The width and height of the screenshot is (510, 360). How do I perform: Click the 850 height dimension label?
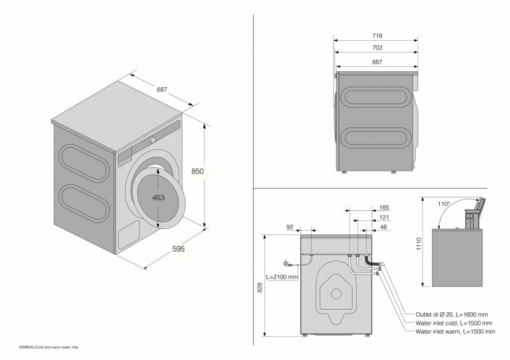(x=198, y=171)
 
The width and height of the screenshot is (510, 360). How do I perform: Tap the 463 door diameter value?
(x=158, y=198)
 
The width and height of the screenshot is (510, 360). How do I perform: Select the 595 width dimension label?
(x=178, y=249)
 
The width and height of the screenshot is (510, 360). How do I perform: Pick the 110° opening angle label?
(x=444, y=205)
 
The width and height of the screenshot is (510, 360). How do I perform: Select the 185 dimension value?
(x=384, y=208)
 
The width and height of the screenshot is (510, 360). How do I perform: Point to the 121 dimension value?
(x=384, y=217)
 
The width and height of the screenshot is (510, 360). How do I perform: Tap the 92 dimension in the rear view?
(x=290, y=227)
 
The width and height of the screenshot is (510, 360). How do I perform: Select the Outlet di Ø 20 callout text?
(x=453, y=315)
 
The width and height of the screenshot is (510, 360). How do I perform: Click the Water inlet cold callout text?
(x=453, y=323)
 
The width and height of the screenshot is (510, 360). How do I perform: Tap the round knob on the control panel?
(x=153, y=139)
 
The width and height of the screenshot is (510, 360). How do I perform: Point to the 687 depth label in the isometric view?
(x=162, y=90)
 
